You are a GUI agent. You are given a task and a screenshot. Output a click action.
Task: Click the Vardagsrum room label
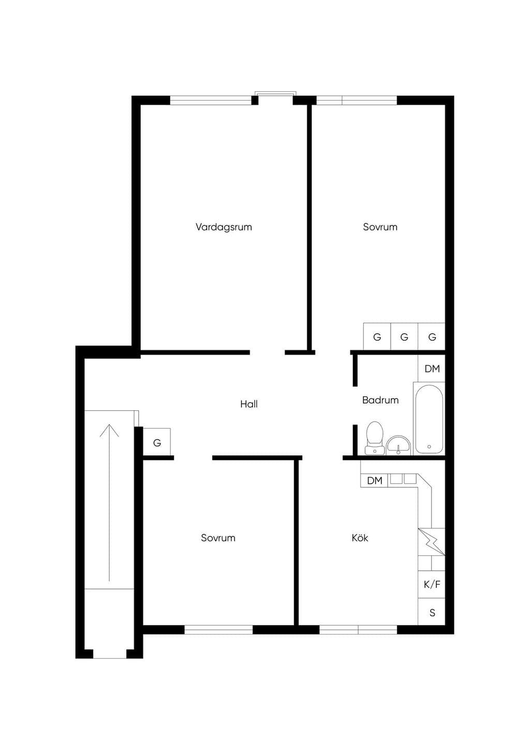pos(224,227)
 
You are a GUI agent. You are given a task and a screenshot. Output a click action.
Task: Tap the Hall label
pos(248,404)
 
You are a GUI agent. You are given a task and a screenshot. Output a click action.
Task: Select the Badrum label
pos(380,400)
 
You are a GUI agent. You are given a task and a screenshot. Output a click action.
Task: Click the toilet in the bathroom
pos(374,438)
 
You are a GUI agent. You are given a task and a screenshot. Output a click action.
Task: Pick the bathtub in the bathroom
pos(429,419)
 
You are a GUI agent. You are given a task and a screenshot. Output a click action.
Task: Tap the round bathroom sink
pos(398,446)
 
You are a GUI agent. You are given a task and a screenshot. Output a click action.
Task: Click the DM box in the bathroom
pos(432,369)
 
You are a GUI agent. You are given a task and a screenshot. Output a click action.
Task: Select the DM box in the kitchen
pos(374,481)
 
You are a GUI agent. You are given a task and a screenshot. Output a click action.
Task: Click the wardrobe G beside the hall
pos(157,443)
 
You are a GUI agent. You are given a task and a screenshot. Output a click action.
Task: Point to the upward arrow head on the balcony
pos(109,430)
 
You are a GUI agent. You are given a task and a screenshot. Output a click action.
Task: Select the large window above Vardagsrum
pos(211,100)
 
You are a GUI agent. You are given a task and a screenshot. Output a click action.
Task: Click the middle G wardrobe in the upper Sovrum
pos(404,337)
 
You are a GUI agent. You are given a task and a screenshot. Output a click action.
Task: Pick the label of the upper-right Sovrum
pos(380,227)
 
